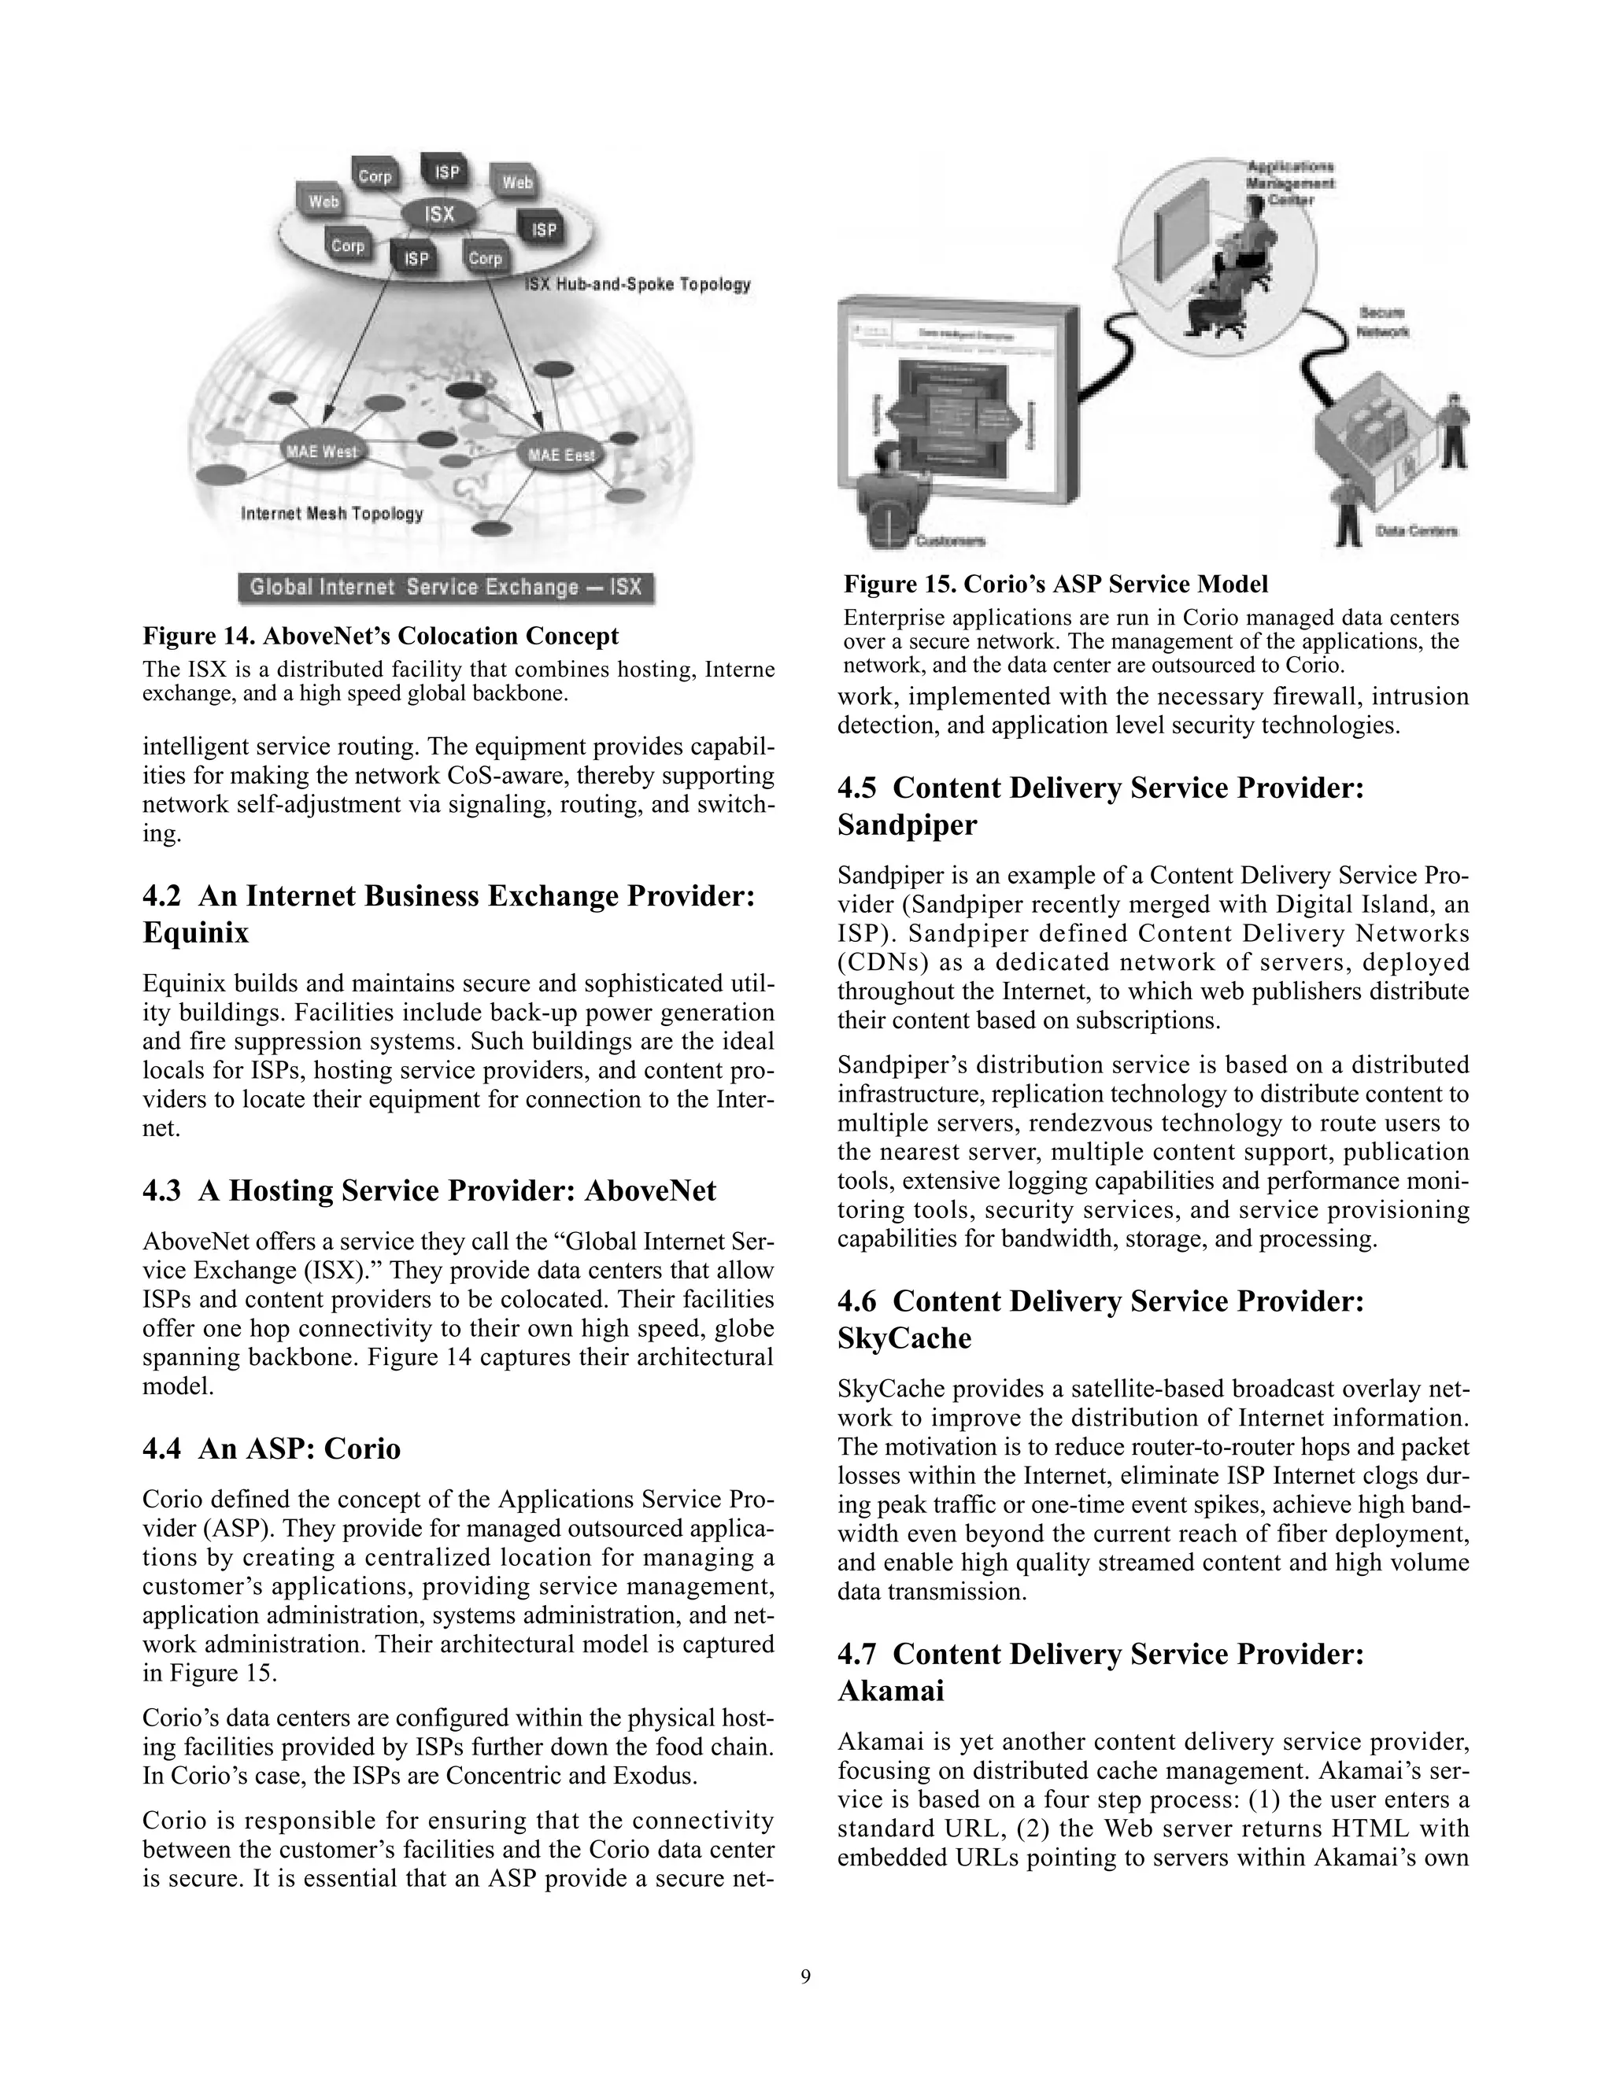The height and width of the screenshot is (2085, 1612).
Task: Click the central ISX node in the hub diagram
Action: [439, 214]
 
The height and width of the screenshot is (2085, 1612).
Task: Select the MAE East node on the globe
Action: [560, 456]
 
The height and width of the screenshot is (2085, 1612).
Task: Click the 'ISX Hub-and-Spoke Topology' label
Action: [637, 285]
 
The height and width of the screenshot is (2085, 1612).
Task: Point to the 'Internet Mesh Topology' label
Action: [331, 514]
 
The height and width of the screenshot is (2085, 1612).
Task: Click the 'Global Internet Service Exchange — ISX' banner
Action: [446, 587]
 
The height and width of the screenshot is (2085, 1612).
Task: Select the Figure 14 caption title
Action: [380, 636]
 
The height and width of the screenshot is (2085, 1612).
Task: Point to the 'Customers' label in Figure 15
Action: [950, 541]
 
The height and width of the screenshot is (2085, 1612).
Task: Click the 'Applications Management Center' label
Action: [1290, 183]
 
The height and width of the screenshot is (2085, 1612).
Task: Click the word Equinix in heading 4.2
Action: [195, 932]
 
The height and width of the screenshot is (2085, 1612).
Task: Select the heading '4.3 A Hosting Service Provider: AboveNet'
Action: [429, 1190]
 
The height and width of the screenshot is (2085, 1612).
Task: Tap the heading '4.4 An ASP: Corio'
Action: [272, 1448]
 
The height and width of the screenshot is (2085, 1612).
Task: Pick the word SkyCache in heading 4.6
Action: [904, 1338]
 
